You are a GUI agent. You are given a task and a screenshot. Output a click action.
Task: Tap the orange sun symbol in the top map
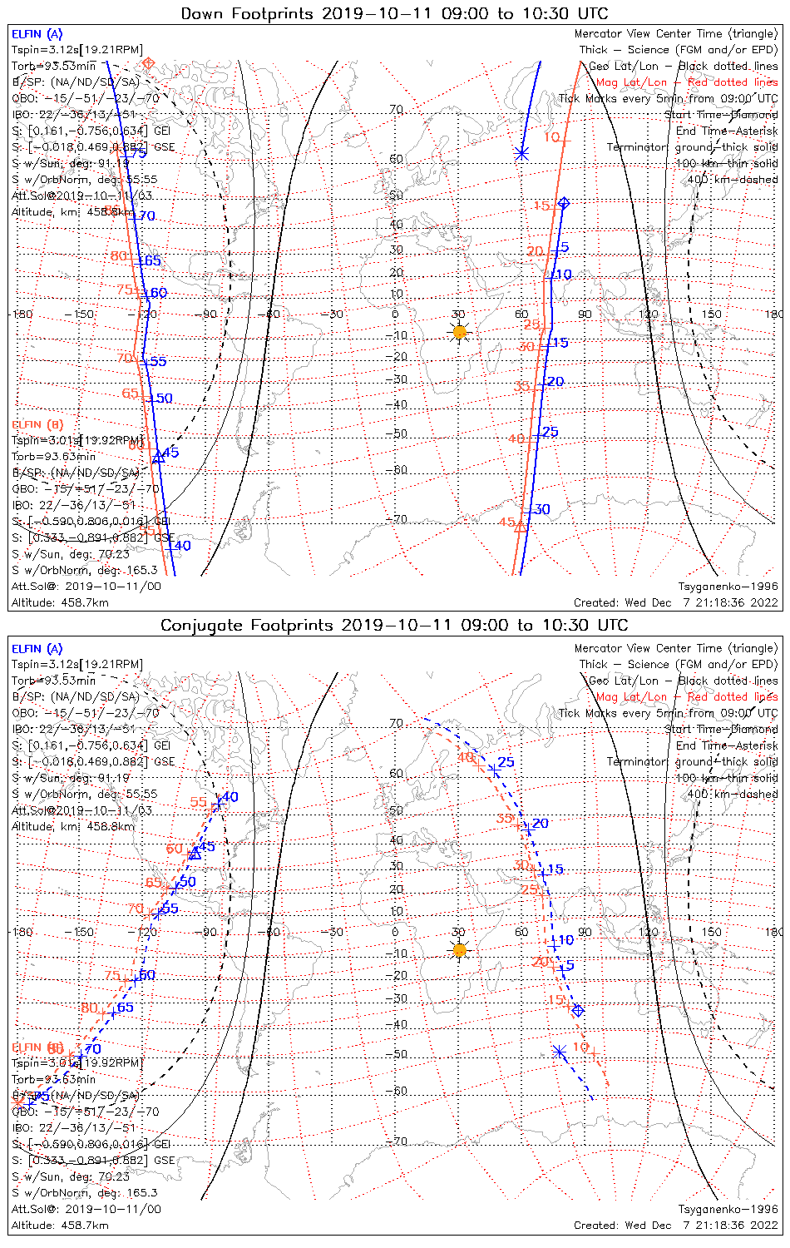point(459,332)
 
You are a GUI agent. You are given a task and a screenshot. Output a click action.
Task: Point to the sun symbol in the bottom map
point(459,949)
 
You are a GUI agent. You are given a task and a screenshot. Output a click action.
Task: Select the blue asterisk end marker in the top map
point(521,153)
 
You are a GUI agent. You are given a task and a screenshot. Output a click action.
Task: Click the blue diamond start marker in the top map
point(564,203)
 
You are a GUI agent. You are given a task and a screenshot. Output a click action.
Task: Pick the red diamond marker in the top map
point(149,63)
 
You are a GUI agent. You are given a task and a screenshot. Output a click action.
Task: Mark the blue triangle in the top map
point(158,458)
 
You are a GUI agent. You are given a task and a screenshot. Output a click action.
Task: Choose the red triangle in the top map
point(521,526)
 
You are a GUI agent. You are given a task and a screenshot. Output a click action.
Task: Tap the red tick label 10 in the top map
point(551,137)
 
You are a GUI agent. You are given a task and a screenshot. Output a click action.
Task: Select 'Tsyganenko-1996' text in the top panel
point(728,587)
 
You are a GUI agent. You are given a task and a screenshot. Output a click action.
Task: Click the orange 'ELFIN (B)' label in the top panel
point(37,424)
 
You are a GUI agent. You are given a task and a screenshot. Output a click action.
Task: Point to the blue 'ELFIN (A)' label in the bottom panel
point(37,649)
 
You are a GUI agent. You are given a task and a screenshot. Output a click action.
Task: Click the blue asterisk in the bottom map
point(560,1052)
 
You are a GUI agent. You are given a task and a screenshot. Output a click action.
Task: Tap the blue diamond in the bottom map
point(578,1010)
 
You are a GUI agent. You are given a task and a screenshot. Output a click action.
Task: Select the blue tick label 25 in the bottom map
point(506,762)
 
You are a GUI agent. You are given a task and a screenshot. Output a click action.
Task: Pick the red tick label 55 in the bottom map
point(198,802)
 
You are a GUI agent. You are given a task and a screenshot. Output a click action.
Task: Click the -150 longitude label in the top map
point(84,314)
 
